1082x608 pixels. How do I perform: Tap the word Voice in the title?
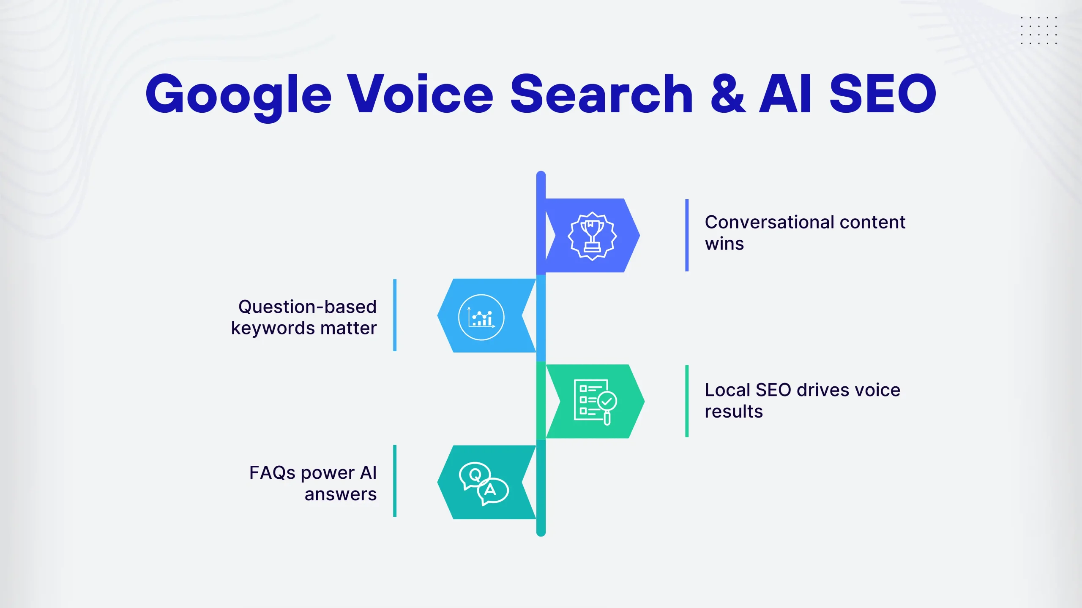click(x=420, y=94)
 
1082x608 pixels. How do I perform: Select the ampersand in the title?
click(x=728, y=94)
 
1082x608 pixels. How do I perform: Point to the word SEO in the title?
click(x=883, y=94)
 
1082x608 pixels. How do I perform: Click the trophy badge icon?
click(x=592, y=236)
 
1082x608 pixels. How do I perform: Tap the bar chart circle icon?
click(x=481, y=317)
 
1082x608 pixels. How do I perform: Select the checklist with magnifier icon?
click(x=595, y=402)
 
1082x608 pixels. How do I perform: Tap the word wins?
click(x=724, y=244)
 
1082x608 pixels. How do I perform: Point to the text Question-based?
click(x=307, y=307)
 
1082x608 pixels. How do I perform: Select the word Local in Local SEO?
click(x=727, y=390)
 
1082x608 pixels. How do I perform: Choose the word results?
click(x=734, y=412)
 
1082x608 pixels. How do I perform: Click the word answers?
click(x=341, y=494)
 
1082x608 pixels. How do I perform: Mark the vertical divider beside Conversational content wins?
click(x=687, y=235)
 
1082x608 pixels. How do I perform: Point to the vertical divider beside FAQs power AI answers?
click(x=395, y=481)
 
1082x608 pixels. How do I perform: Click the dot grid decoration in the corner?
click(x=1038, y=30)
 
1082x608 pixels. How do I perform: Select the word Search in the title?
click(x=601, y=94)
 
